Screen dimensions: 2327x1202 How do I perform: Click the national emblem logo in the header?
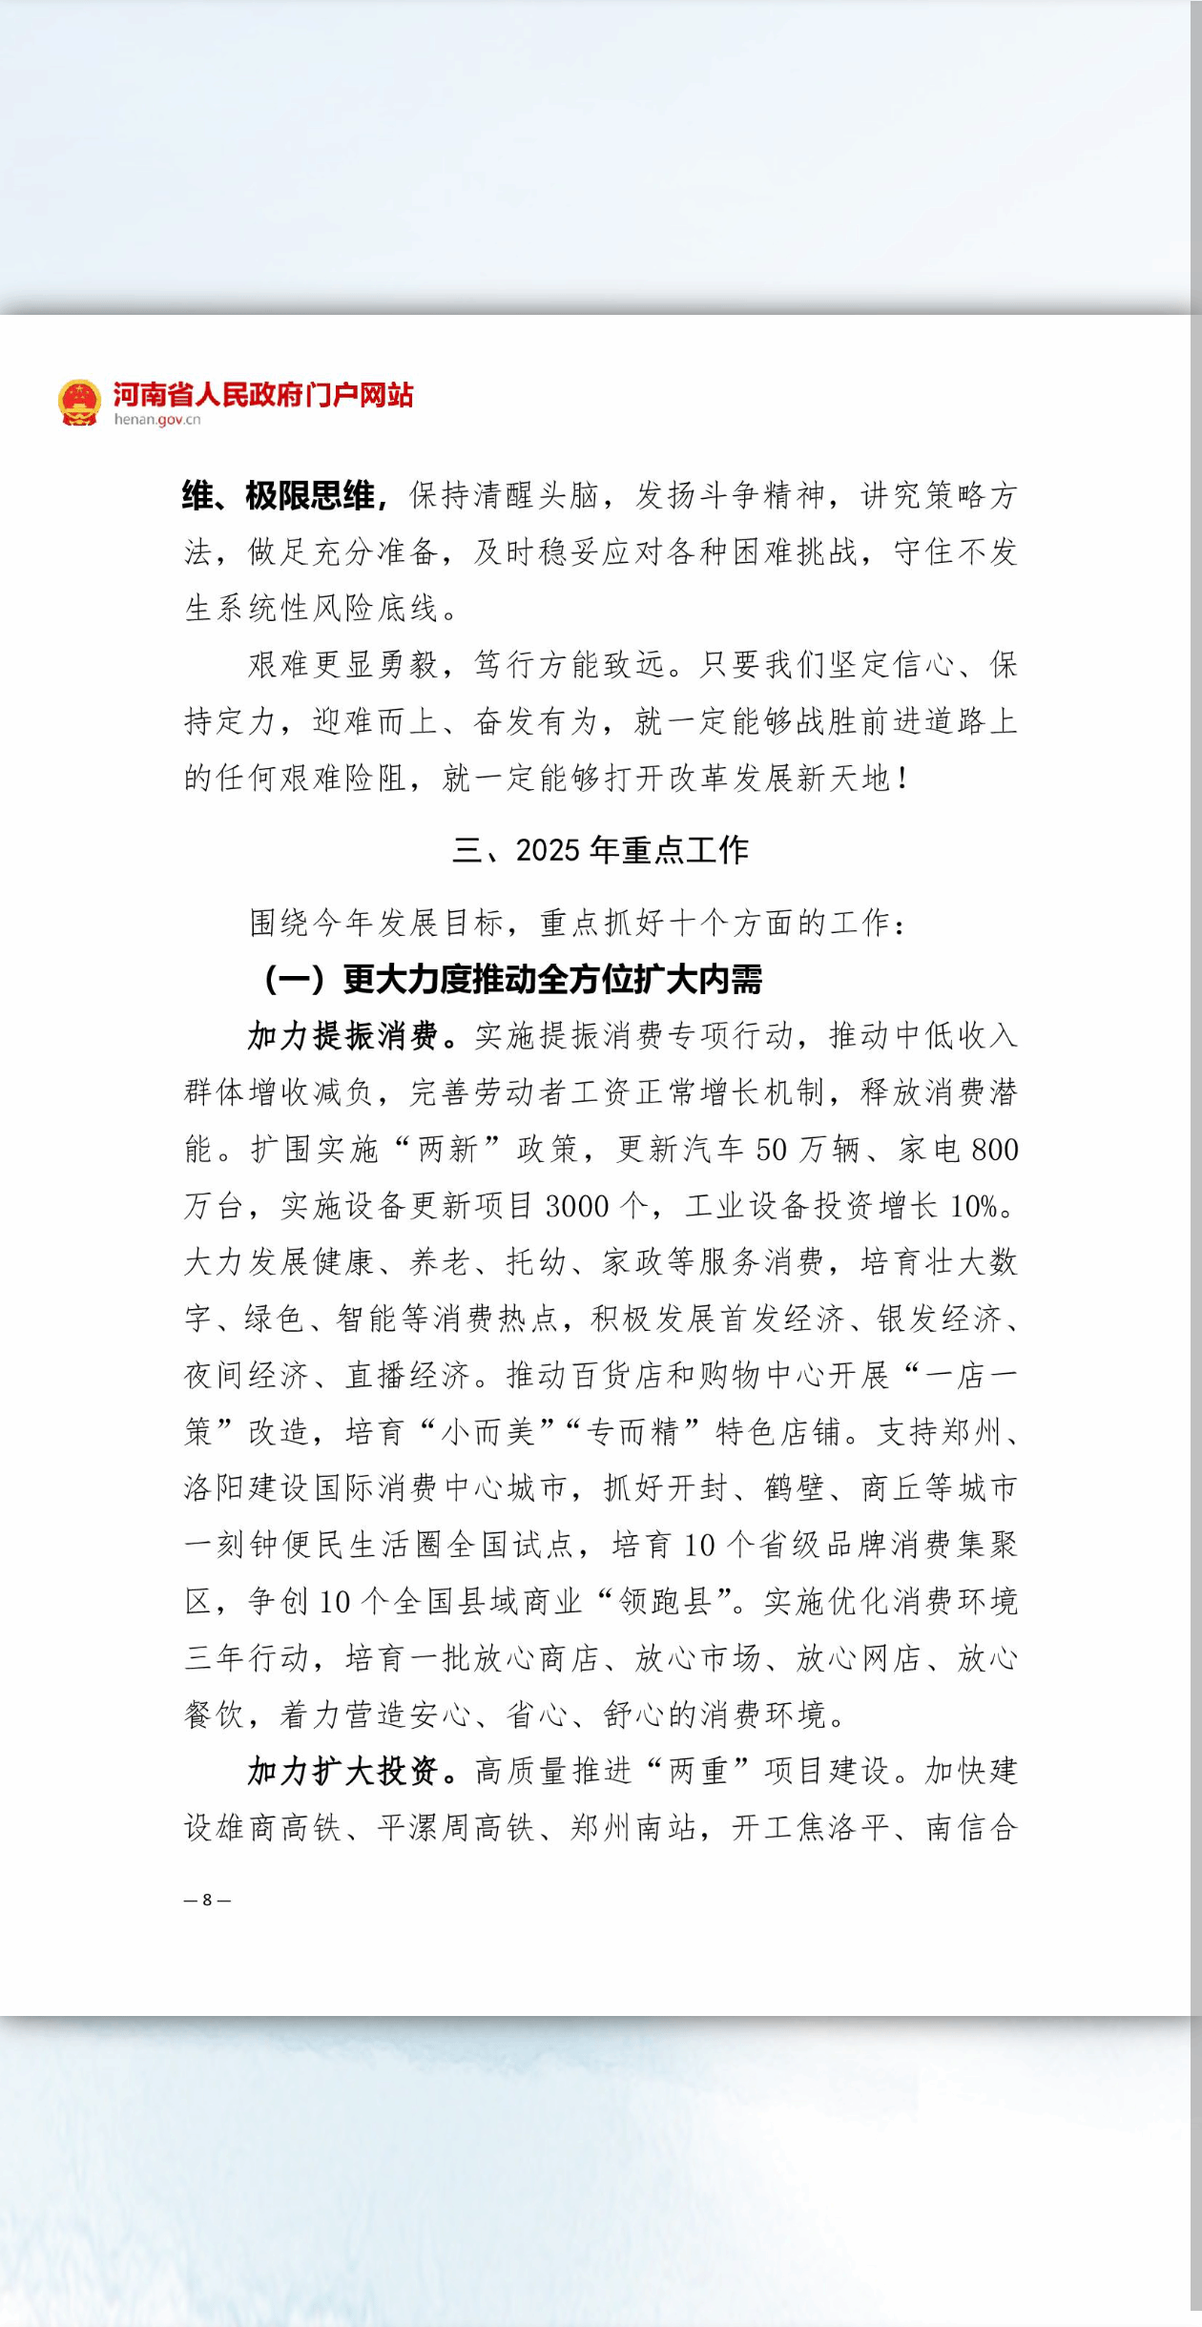[x=79, y=402]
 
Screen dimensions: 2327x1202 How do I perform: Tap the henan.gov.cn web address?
[x=157, y=420]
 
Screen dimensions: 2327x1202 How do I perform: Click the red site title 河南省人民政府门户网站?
[x=263, y=393]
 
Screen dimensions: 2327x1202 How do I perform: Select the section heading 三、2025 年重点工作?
[x=600, y=849]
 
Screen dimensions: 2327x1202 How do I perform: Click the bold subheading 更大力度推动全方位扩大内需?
[x=552, y=979]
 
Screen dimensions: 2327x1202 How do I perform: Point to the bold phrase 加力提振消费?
[x=343, y=1035]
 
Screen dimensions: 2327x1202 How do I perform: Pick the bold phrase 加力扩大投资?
[x=343, y=1771]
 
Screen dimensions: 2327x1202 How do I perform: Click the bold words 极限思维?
[x=309, y=495]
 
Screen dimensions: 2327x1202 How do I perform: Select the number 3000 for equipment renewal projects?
[x=577, y=1206]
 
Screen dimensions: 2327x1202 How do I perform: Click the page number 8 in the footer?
[x=207, y=1900]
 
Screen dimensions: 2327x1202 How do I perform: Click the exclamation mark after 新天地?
[x=902, y=779]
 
